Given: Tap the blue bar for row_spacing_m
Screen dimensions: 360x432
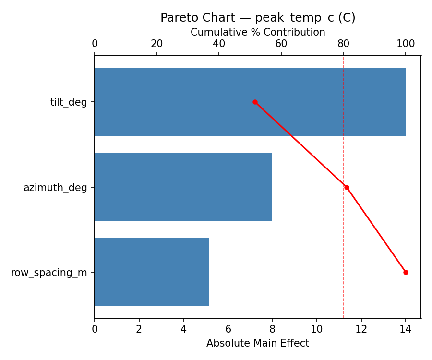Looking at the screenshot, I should (152, 272).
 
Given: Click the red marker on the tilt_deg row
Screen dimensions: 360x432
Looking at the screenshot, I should (255, 102).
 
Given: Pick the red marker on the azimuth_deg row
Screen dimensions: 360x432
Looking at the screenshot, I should (347, 187).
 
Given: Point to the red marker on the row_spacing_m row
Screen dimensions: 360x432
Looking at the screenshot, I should (406, 272).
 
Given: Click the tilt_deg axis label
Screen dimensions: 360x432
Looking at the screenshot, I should (69, 102).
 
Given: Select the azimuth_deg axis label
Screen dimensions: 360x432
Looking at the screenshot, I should (55, 188).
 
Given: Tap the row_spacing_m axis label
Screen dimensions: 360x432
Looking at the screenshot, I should (49, 273).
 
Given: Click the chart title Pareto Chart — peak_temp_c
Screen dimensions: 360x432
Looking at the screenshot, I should (258, 18).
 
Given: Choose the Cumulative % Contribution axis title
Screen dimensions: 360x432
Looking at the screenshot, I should (258, 32).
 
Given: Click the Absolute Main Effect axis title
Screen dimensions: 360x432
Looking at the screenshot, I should (258, 343).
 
